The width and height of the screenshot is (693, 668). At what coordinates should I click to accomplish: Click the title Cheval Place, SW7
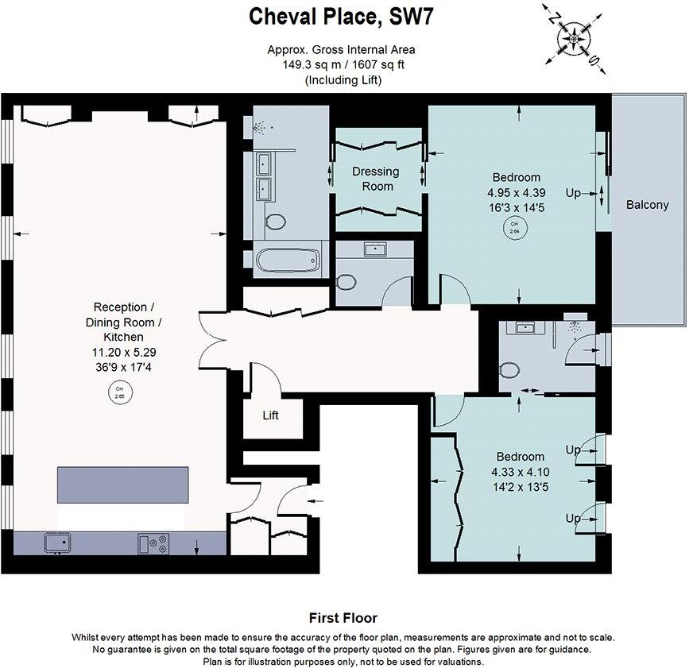[343, 15]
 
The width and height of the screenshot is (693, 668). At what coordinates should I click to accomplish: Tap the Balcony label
[647, 204]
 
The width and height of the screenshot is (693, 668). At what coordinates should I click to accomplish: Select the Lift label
[271, 415]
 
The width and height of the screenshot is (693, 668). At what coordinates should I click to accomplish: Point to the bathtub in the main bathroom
[288, 260]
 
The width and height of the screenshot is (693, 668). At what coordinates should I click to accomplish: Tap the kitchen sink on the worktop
[56, 543]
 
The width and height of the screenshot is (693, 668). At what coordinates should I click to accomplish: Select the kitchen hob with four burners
[154, 543]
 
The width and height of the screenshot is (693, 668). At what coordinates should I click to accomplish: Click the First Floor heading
[343, 617]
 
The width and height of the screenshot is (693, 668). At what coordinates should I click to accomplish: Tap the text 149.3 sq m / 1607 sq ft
[343, 64]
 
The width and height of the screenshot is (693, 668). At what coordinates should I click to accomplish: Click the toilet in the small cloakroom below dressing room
[346, 282]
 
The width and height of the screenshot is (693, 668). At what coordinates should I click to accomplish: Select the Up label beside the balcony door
[572, 192]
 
